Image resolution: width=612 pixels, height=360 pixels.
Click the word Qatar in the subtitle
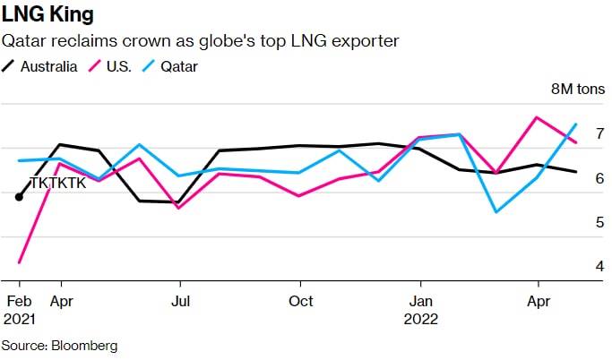[24, 41]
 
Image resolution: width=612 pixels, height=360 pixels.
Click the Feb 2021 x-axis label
[19, 309]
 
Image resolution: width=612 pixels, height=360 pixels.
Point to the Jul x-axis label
[180, 301]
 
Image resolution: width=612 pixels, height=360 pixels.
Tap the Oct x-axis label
[301, 301]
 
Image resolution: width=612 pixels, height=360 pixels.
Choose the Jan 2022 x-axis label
[421, 309]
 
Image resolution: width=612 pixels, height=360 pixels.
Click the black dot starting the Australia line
[19, 197]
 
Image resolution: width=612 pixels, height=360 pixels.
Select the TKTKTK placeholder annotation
[58, 183]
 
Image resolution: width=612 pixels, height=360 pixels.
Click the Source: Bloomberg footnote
[59, 345]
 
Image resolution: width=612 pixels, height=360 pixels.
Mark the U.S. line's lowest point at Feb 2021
[19, 262]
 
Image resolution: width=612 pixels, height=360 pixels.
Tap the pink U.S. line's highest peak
[536, 117]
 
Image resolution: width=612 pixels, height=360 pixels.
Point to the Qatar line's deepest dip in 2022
[496, 212]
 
